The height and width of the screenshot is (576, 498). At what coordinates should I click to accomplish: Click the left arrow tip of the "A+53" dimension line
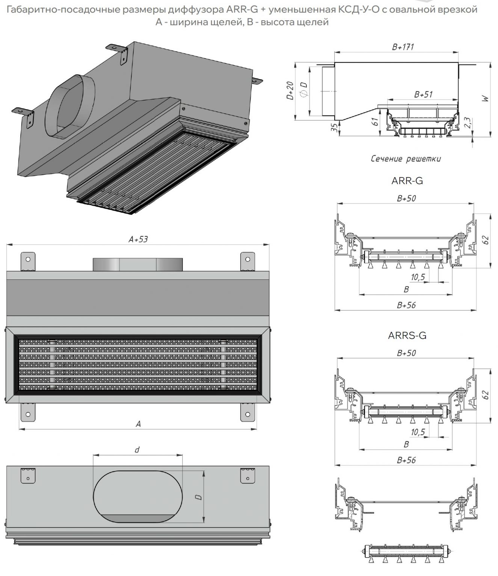(x=7, y=244)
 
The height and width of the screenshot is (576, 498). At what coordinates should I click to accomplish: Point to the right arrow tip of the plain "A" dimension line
(x=257, y=429)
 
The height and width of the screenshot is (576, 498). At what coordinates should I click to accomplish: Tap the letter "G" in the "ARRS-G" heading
(x=423, y=335)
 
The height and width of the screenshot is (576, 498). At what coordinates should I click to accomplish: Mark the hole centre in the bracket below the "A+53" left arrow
(x=28, y=259)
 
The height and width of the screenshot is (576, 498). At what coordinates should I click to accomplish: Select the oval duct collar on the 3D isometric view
(x=70, y=106)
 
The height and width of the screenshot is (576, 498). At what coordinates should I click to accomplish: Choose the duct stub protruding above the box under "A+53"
(x=137, y=264)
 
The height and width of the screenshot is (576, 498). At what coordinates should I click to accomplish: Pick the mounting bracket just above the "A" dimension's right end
(x=247, y=412)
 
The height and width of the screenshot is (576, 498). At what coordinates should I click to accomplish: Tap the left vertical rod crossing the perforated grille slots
(x=52, y=364)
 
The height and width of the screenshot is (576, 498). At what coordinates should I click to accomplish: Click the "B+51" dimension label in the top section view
(x=423, y=94)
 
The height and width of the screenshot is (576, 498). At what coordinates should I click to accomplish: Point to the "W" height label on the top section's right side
(x=486, y=99)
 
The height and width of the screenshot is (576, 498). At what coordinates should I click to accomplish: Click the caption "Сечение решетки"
(x=406, y=159)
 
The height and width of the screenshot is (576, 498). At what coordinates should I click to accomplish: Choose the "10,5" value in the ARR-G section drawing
(x=418, y=277)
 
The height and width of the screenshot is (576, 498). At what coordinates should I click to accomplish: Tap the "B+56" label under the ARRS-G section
(x=406, y=460)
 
